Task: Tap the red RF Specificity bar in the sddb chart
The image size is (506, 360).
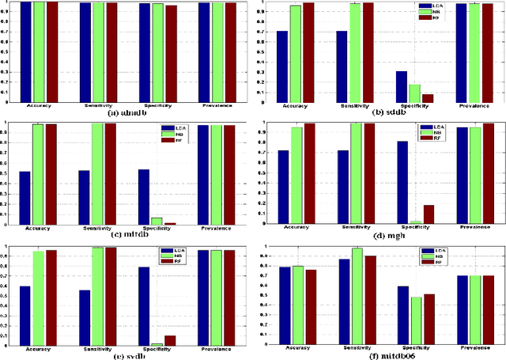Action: [427, 98]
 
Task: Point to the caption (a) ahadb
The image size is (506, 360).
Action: [126, 113]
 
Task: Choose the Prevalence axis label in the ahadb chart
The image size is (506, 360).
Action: [217, 105]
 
